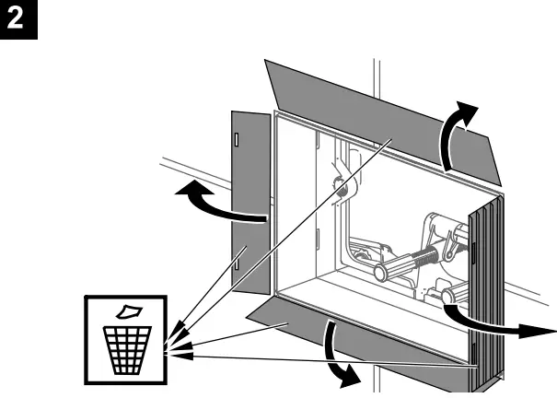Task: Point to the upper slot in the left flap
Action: tap(236, 140)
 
